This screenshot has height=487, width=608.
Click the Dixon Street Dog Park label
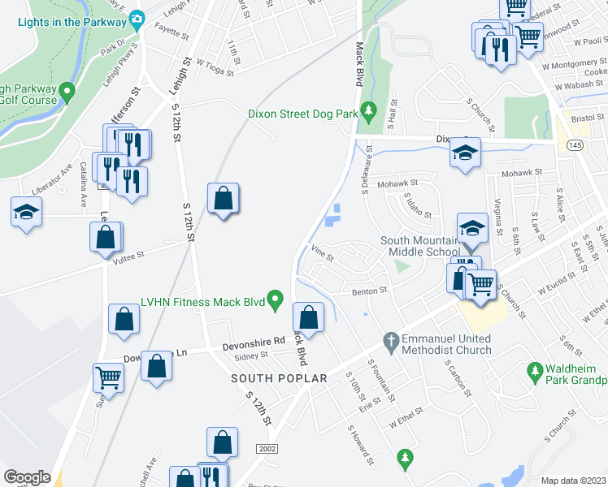302,114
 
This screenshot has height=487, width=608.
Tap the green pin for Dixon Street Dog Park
368,109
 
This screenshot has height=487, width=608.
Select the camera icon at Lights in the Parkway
137,18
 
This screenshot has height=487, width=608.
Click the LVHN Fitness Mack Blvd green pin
276,302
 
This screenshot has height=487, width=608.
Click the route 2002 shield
267,449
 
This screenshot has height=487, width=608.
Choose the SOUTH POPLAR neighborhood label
279,379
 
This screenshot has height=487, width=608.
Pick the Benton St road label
368,290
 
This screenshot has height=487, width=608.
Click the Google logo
27,477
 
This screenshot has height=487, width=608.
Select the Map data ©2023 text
574,481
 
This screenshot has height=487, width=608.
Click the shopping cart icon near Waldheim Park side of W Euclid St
481,282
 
